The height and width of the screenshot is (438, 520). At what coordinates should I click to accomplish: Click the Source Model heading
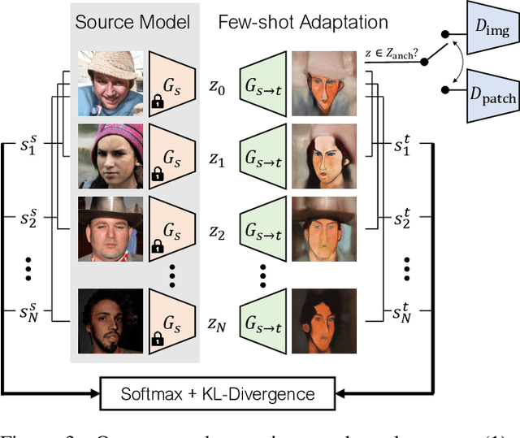(132, 22)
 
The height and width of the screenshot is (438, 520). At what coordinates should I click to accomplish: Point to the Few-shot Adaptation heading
(302, 22)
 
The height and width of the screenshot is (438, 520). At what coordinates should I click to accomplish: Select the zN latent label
(215, 325)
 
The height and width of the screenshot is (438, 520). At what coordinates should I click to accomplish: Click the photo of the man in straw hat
(110, 82)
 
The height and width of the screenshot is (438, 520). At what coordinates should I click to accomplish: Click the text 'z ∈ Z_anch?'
(393, 53)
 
